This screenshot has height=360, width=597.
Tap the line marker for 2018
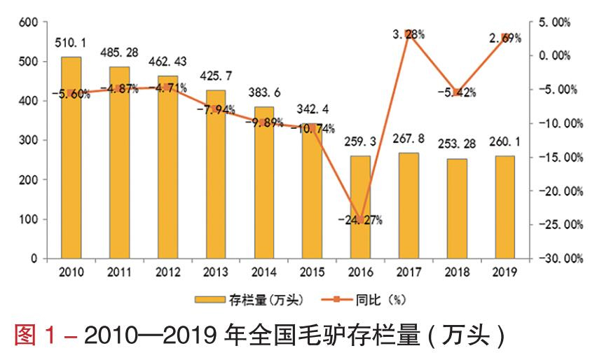pos(457,92)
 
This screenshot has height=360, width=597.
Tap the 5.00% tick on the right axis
pos(554,22)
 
